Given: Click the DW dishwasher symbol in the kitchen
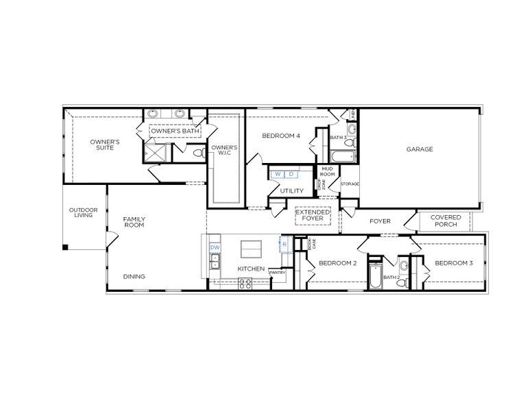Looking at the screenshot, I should (x=215, y=247).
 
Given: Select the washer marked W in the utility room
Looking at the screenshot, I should (x=278, y=175).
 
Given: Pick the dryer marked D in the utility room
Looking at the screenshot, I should (x=290, y=175).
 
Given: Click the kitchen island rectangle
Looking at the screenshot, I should (x=252, y=247).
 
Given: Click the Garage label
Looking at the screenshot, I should (x=419, y=149).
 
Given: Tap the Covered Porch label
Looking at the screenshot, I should (x=446, y=221).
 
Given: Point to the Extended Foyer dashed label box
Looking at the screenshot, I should (x=313, y=216).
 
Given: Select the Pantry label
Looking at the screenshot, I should (x=277, y=273).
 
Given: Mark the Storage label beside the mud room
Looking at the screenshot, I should (x=350, y=184).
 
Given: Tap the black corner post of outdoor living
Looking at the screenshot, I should (x=66, y=247).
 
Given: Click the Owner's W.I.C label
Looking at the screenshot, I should (x=224, y=151).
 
